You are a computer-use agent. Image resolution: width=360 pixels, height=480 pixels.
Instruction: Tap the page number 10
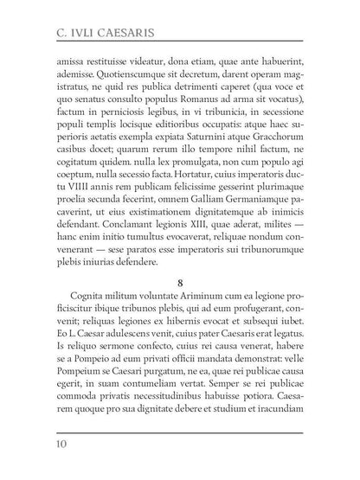(x=63, y=445)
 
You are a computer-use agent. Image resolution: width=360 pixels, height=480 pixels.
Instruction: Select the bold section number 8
(x=179, y=279)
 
